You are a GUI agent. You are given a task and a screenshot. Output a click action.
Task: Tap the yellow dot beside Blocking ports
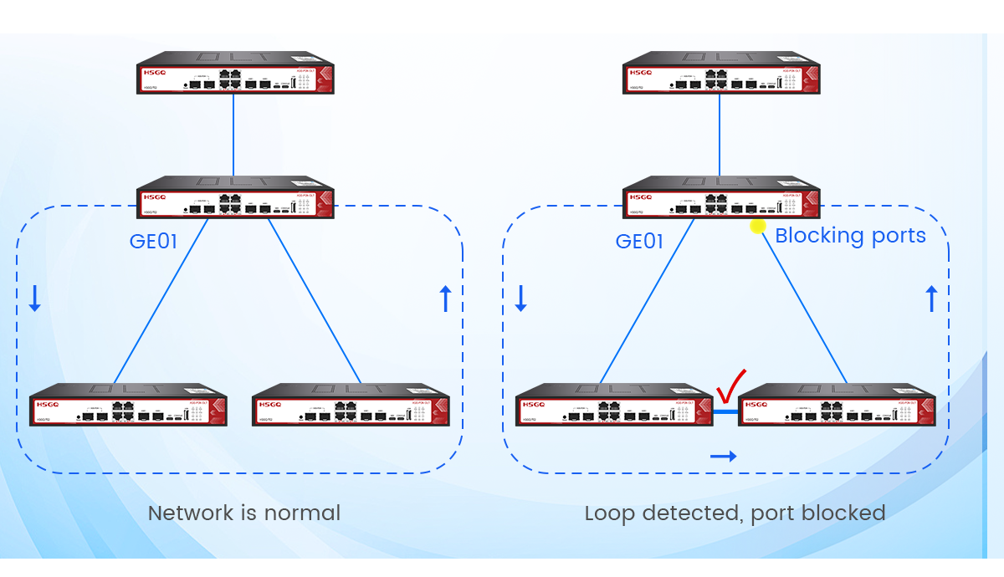tap(758, 226)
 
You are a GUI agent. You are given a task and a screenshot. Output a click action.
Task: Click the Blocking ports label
tap(850, 236)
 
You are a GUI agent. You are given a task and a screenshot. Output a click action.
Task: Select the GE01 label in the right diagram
tap(639, 242)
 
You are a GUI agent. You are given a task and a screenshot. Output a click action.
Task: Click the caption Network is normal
tap(244, 513)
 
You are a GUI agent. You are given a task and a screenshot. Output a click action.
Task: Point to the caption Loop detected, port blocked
tap(735, 513)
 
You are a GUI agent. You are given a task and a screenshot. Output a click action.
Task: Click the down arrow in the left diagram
tap(34, 299)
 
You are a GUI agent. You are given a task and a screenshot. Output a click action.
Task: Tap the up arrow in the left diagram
tap(445, 299)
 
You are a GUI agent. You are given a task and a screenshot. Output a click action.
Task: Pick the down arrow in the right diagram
tap(520, 299)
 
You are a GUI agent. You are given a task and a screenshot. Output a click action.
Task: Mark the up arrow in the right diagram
tap(932, 299)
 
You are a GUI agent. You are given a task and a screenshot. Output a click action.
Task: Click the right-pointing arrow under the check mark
tap(724, 456)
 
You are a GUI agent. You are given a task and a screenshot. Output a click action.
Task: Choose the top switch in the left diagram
tap(235, 76)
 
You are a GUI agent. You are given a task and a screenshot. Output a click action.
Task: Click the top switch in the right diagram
tap(721, 76)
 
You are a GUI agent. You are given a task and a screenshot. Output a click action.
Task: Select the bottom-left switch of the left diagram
tap(128, 406)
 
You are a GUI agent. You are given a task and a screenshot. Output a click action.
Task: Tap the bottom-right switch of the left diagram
tap(351, 406)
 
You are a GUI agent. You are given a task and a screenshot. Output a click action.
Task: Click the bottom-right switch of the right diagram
tap(837, 406)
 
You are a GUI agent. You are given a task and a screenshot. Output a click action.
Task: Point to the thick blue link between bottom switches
tap(725, 411)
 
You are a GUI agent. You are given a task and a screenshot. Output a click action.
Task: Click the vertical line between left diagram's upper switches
tap(234, 134)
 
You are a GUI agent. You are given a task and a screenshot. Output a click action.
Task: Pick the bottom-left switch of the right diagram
tap(614, 406)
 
